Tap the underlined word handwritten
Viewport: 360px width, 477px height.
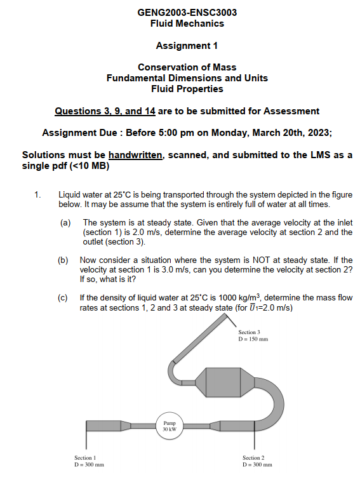point(135,155)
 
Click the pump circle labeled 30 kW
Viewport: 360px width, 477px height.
point(169,425)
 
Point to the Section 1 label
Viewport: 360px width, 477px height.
point(84,458)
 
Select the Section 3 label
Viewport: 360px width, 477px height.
point(249,332)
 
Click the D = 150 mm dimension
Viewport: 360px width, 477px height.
point(253,339)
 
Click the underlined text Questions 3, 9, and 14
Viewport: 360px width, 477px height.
point(105,111)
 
